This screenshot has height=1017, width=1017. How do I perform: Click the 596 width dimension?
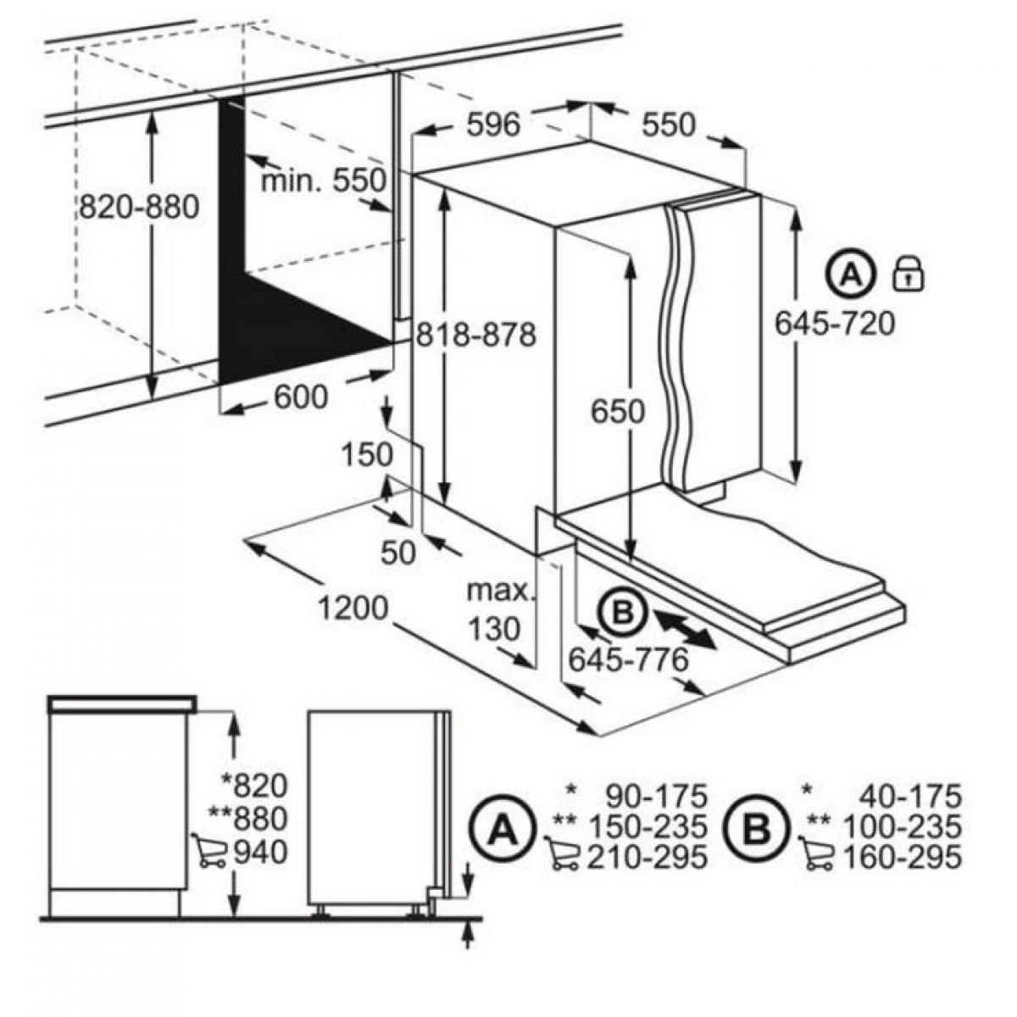point(494,124)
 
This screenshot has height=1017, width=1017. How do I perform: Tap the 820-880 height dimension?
point(139,207)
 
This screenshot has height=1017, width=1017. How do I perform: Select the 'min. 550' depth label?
point(324,181)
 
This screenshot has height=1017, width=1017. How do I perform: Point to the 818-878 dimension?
point(476,334)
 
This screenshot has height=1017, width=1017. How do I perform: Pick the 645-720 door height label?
point(835,323)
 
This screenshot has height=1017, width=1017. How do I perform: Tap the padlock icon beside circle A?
point(909,275)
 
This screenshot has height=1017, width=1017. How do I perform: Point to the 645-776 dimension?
point(629,659)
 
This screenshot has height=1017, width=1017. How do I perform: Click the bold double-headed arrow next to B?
point(686,628)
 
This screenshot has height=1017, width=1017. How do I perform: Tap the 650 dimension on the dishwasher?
point(618,410)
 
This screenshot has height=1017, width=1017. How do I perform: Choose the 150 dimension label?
point(367,454)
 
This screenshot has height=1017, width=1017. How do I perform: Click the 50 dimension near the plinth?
point(398,553)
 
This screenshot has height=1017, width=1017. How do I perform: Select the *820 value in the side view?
point(255,786)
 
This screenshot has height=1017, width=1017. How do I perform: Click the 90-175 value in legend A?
point(655,797)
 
